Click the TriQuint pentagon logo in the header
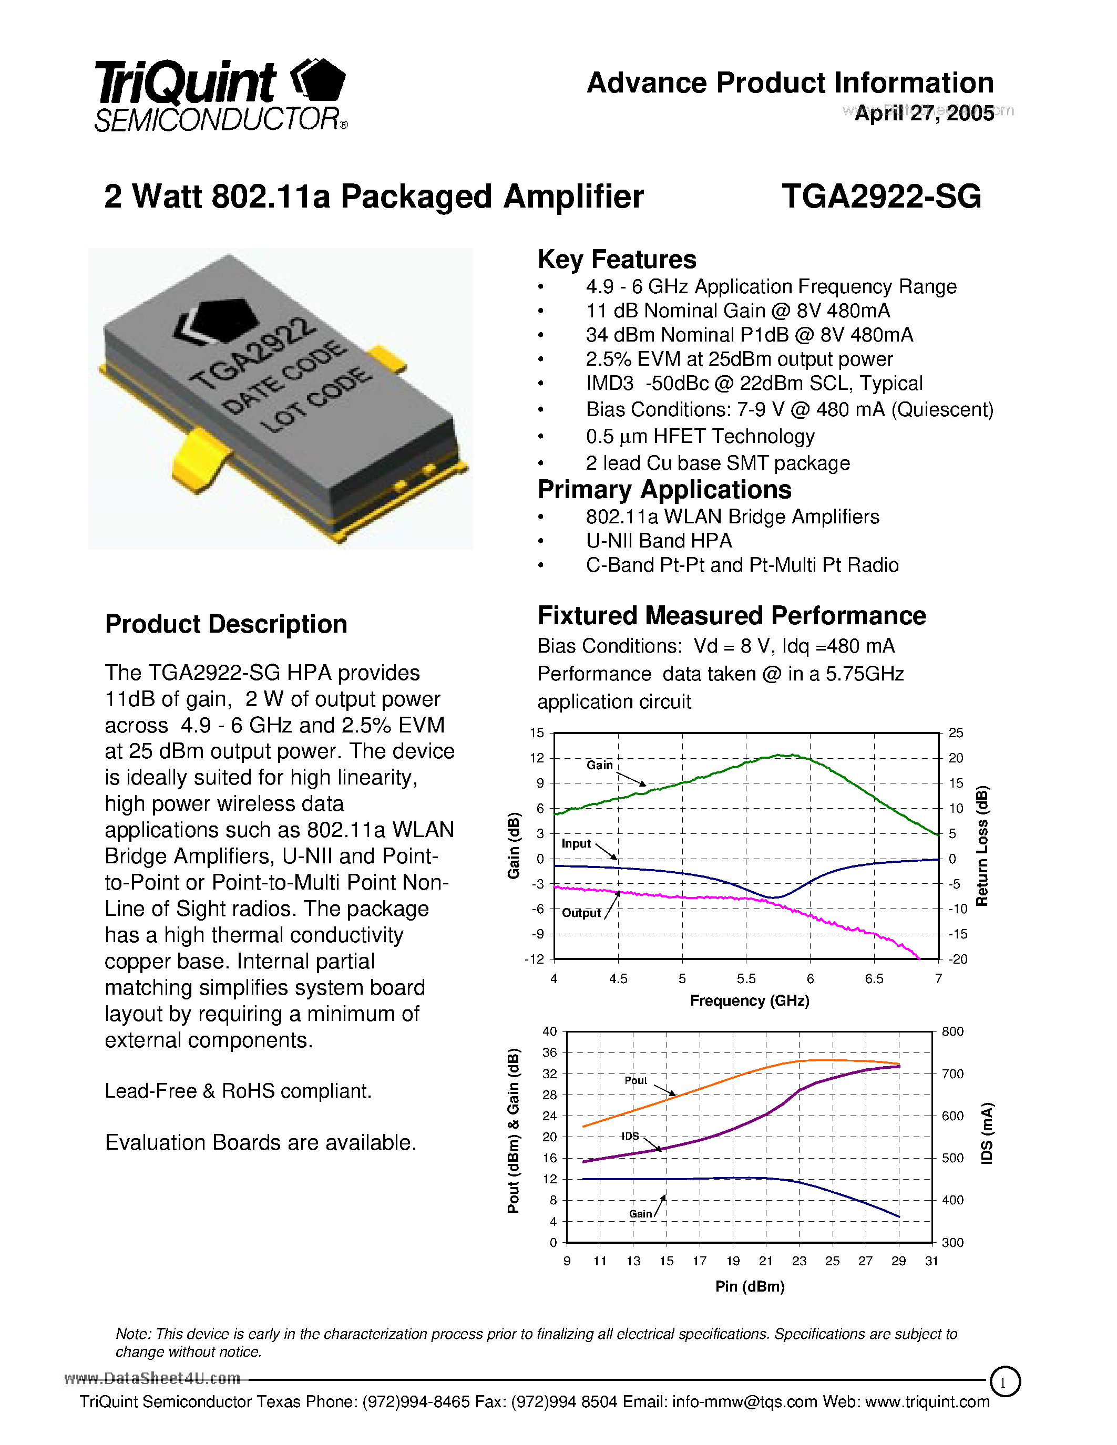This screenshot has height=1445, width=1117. (320, 81)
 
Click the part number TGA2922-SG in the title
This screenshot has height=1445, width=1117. (881, 197)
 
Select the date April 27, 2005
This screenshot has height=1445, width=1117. (924, 113)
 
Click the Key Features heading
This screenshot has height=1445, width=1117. (617, 260)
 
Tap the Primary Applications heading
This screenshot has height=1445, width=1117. (664, 490)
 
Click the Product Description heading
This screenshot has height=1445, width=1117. (226, 624)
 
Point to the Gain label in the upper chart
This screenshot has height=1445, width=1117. (600, 765)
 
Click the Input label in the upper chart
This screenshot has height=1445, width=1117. (576, 843)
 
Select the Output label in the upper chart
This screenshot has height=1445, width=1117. (581, 913)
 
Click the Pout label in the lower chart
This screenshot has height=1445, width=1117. (636, 1080)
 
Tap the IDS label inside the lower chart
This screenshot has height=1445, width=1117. (630, 1136)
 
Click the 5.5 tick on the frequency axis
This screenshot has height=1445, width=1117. (746, 978)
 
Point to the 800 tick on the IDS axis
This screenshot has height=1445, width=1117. (952, 1031)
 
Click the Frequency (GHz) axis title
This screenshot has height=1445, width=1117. (749, 1000)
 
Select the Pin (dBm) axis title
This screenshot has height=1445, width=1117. (749, 1286)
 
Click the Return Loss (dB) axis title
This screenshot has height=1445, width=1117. (982, 845)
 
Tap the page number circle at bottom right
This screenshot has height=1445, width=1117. (1005, 1382)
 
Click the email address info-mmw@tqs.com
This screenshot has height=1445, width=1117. (744, 1401)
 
